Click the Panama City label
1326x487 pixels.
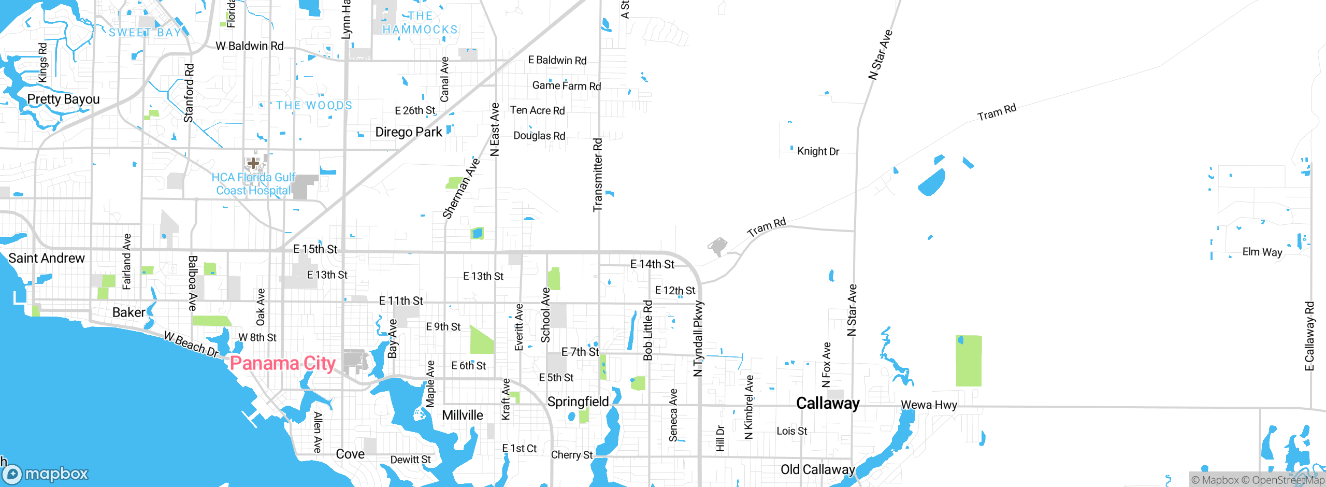point(282,363)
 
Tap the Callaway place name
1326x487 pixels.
point(828,403)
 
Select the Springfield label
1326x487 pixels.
point(578,402)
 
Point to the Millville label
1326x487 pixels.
point(462,415)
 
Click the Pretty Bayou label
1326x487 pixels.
point(63,99)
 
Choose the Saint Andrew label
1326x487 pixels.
point(47,258)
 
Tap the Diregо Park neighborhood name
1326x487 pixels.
point(409,132)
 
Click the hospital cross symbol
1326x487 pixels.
point(253,163)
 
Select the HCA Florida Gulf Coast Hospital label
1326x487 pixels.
point(253,184)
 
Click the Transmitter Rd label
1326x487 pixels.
point(598,175)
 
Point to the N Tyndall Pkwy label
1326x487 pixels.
point(698,338)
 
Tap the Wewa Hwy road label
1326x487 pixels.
point(929,405)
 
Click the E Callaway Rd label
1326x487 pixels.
point(1309,336)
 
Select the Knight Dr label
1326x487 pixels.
point(818,151)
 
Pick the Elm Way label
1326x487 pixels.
point(1262,252)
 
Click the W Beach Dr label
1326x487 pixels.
point(192,345)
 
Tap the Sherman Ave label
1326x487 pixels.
point(461,189)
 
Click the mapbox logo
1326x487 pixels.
point(46,474)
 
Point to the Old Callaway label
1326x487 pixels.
point(817,469)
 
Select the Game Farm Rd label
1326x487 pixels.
point(567,85)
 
